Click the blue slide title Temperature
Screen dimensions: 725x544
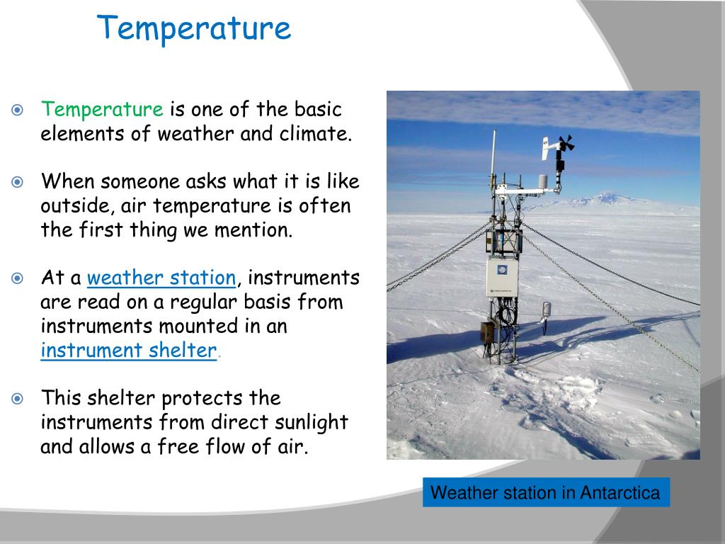click(194, 28)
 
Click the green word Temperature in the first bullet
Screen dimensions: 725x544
click(102, 110)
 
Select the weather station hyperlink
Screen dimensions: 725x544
click(161, 278)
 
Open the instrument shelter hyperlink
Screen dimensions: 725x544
click(129, 350)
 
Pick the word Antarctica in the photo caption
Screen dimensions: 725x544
click(620, 493)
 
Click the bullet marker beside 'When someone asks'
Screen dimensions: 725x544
click(17, 182)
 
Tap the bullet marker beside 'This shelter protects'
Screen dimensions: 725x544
click(17, 398)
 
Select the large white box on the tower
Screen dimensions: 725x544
click(502, 277)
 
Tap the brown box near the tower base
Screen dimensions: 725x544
click(487, 333)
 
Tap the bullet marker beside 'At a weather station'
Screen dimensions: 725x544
click(17, 278)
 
